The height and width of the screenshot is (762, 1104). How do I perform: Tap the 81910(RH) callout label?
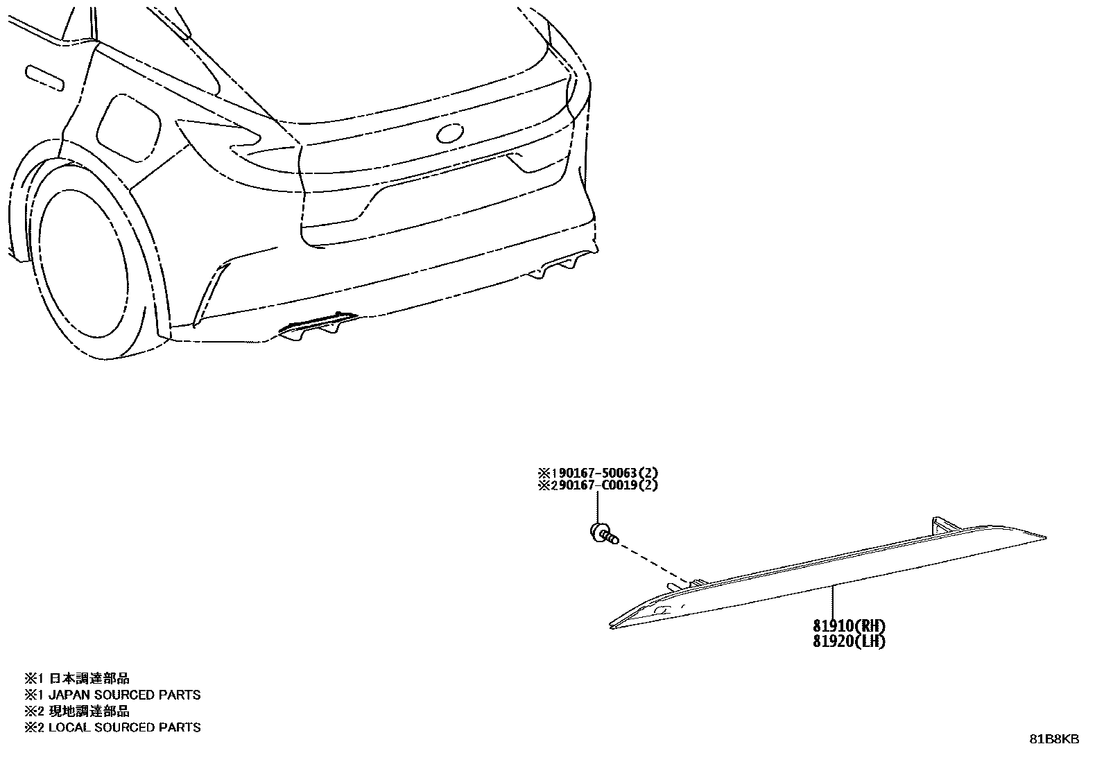[849, 627]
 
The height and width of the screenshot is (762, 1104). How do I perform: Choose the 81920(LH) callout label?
[849, 641]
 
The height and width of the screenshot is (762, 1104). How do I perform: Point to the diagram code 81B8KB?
[1054, 739]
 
